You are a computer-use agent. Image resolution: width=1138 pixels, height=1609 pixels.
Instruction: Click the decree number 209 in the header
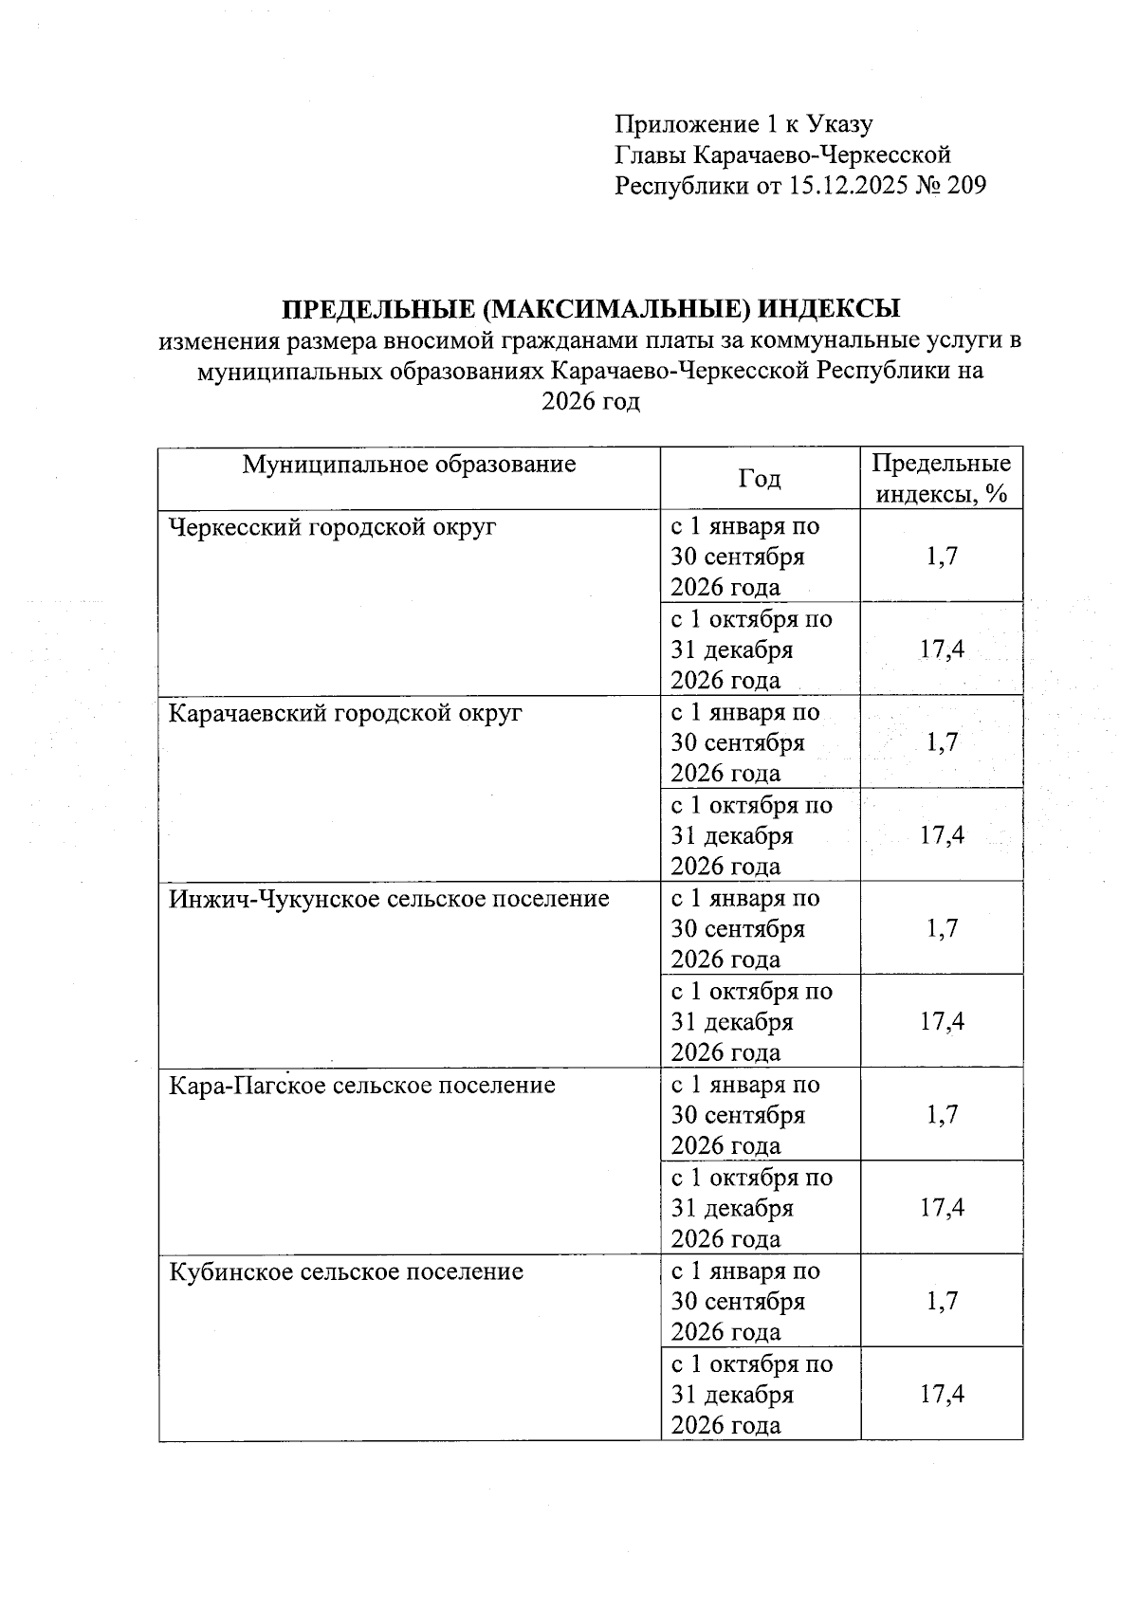coord(966,185)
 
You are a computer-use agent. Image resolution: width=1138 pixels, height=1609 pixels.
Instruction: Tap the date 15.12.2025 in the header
coord(848,185)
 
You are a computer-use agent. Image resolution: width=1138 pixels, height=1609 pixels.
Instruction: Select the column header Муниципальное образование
coord(409,465)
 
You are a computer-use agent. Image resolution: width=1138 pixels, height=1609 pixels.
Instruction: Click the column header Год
coord(760,479)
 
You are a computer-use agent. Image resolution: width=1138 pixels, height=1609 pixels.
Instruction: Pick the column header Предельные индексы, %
coord(941,479)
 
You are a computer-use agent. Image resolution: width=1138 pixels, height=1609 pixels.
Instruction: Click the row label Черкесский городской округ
coord(332,526)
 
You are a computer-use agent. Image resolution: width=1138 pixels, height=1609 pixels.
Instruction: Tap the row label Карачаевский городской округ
coord(345,712)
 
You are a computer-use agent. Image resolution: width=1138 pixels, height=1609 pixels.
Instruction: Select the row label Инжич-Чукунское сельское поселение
coord(389,898)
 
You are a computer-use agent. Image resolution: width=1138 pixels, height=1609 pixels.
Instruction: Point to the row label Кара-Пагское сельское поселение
coord(361,1085)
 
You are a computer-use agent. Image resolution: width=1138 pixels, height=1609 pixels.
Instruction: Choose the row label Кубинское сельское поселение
coord(346,1271)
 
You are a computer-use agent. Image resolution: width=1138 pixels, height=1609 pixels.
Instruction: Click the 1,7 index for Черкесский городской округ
coord(942,556)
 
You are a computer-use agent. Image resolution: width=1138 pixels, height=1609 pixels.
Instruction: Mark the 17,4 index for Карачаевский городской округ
coord(942,835)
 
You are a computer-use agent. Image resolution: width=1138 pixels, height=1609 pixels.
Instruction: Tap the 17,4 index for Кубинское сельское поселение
coord(942,1394)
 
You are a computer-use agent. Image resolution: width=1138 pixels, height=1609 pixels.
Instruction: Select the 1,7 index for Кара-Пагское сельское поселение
coord(942,1114)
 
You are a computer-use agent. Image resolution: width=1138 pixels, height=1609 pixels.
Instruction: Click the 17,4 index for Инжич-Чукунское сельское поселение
coord(942,1021)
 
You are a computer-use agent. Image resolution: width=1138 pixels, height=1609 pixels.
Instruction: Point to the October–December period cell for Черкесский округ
coord(751,649)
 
